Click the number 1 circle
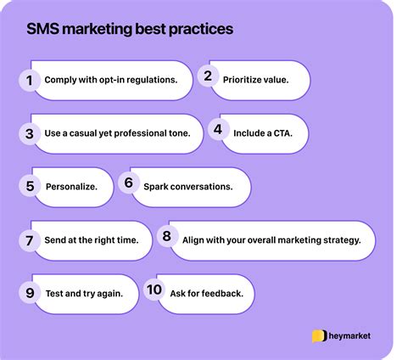(x=30, y=80)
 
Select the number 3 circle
(x=29, y=133)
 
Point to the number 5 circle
(x=30, y=186)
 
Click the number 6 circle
(x=129, y=183)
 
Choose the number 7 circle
(x=30, y=240)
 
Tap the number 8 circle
(x=166, y=238)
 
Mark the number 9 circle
(x=30, y=294)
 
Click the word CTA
(x=289, y=132)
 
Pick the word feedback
(x=221, y=294)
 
